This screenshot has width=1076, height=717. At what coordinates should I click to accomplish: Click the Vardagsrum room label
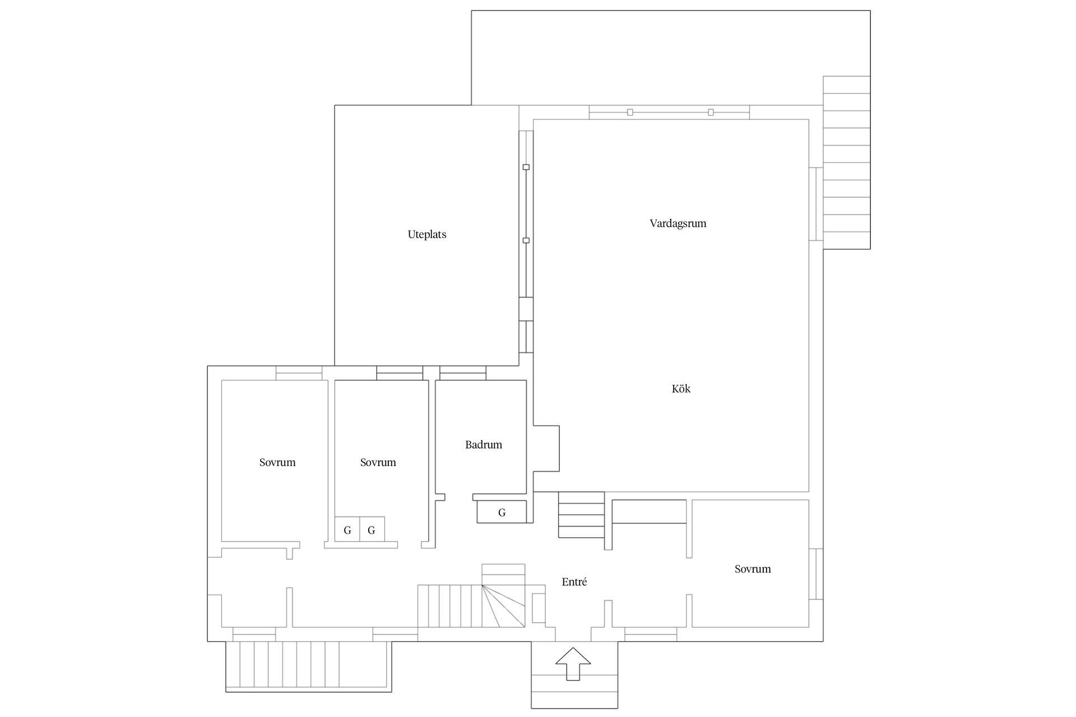pos(678,224)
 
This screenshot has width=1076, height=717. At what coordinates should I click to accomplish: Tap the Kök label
pos(681,389)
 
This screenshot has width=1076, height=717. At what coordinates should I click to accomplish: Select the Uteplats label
pos(427,235)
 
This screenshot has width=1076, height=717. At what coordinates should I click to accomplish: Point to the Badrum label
pos(484,445)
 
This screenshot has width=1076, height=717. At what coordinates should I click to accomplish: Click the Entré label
pos(574,582)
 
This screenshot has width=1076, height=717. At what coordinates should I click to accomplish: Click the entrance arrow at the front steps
pos(573,664)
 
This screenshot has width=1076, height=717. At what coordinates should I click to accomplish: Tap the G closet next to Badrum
pos(502,512)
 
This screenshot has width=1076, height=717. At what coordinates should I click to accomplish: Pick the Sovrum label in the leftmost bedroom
pos(277,463)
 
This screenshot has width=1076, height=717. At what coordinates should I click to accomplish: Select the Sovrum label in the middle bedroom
pos(378,463)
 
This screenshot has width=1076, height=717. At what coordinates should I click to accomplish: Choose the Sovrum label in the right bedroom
pos(753,569)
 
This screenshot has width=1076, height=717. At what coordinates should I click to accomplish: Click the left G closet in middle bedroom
pos(347,529)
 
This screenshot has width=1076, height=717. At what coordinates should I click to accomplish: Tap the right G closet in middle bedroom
pos(372,529)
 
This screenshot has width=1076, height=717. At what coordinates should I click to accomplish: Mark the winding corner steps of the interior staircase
pos(503,606)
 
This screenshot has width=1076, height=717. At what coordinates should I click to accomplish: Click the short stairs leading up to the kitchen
pos(581,515)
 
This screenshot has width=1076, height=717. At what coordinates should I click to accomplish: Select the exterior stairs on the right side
pos(846,162)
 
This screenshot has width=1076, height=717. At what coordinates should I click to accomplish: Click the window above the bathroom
pos(463,373)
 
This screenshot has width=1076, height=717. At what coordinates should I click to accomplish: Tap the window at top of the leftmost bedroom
pos(299,373)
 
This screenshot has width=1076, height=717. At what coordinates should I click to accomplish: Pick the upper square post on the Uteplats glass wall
pos(526,167)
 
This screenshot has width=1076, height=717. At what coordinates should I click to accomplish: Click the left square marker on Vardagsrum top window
pos(630,112)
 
